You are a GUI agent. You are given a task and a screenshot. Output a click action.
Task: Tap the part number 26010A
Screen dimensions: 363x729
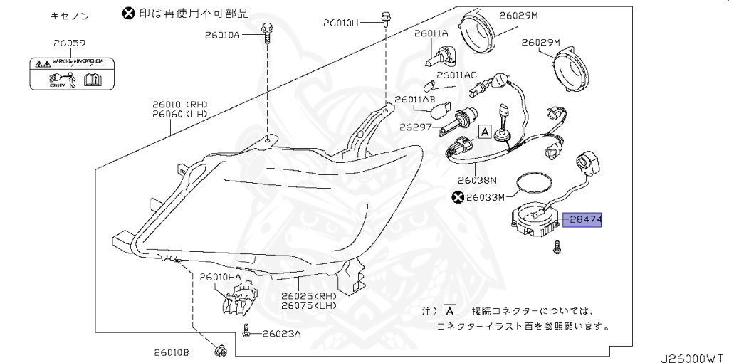[x=222, y=34]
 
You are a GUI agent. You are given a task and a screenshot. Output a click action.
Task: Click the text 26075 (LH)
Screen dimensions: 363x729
[x=308, y=306]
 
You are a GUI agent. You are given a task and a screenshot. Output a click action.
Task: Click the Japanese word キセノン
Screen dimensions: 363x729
[x=69, y=14]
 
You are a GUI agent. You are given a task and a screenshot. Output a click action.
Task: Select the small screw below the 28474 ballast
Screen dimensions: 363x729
[x=557, y=248]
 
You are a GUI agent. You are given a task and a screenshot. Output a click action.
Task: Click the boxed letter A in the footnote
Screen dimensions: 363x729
[x=449, y=311]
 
